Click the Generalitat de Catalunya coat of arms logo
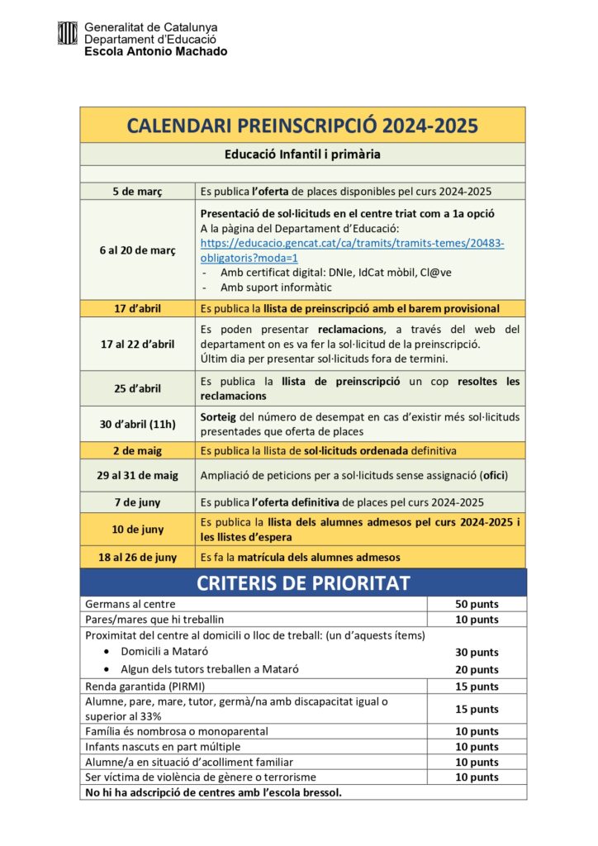pyautogui.click(x=68, y=33)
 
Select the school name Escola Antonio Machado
pyautogui.click(x=155, y=51)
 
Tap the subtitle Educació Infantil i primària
pyautogui.click(x=302, y=154)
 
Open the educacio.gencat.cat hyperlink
pyautogui.click(x=352, y=250)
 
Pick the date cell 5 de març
pyautogui.click(x=138, y=192)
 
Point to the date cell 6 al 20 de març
pyautogui.click(x=138, y=250)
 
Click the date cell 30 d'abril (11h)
pyautogui.click(x=138, y=425)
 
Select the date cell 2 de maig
pyautogui.click(x=138, y=451)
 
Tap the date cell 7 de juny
pyautogui.click(x=138, y=502)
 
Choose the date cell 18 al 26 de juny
pyautogui.click(x=138, y=558)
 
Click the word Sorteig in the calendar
pyautogui.click(x=220, y=417)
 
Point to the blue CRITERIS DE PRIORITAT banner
pyautogui.click(x=302, y=582)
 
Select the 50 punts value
pyautogui.click(x=477, y=604)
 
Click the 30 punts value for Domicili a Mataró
pyautogui.click(x=477, y=653)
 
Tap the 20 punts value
pyautogui.click(x=477, y=670)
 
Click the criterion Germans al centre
pyautogui.click(x=131, y=604)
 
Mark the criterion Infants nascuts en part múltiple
pyautogui.click(x=174, y=747)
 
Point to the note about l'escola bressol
pyautogui.click(x=213, y=792)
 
